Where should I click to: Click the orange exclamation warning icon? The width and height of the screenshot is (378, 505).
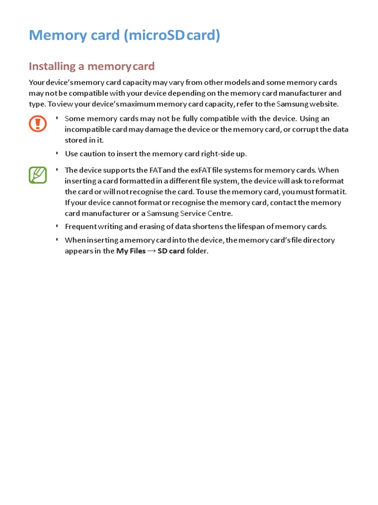point(37,123)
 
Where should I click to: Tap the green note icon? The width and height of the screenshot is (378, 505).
point(37,175)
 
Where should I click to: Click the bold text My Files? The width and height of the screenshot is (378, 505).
point(131,251)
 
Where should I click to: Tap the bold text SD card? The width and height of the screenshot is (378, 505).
point(171,251)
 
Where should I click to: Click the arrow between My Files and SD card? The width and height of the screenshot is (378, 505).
point(152,251)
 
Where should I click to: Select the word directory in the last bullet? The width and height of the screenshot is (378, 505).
point(318,240)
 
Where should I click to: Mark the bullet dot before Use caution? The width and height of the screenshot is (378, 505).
point(57,153)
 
